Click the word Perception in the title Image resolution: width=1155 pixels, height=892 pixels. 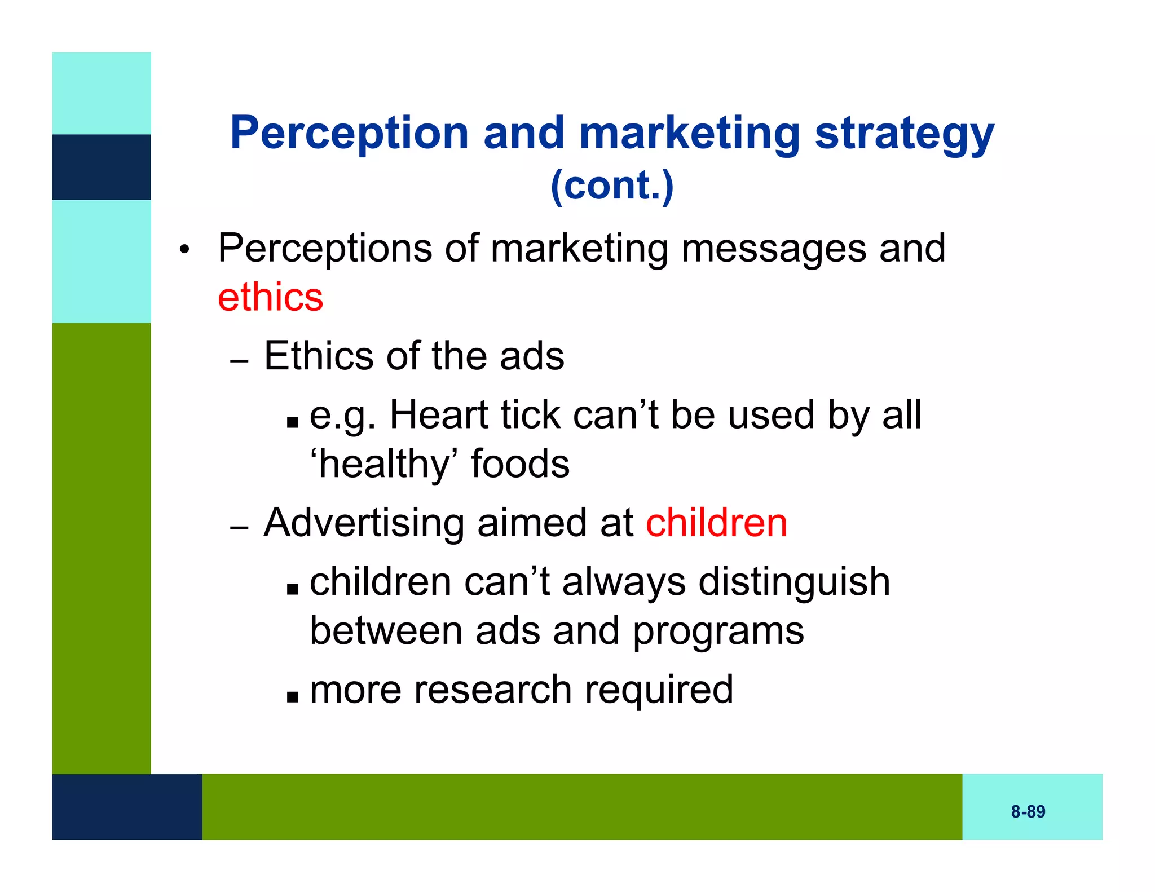click(349, 133)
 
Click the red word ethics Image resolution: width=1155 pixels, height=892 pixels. click(270, 297)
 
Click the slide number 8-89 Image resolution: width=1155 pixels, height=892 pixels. click(1028, 811)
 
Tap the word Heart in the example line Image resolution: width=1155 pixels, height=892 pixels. click(439, 415)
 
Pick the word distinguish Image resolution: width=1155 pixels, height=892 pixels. click(794, 581)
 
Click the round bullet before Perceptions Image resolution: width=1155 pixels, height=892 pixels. click(183, 249)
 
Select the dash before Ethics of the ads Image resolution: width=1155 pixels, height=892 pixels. click(239, 361)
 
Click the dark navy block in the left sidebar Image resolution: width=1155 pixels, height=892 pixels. click(102, 167)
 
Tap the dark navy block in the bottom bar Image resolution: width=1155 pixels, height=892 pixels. click(127, 806)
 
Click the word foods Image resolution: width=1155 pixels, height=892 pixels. click(520, 464)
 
